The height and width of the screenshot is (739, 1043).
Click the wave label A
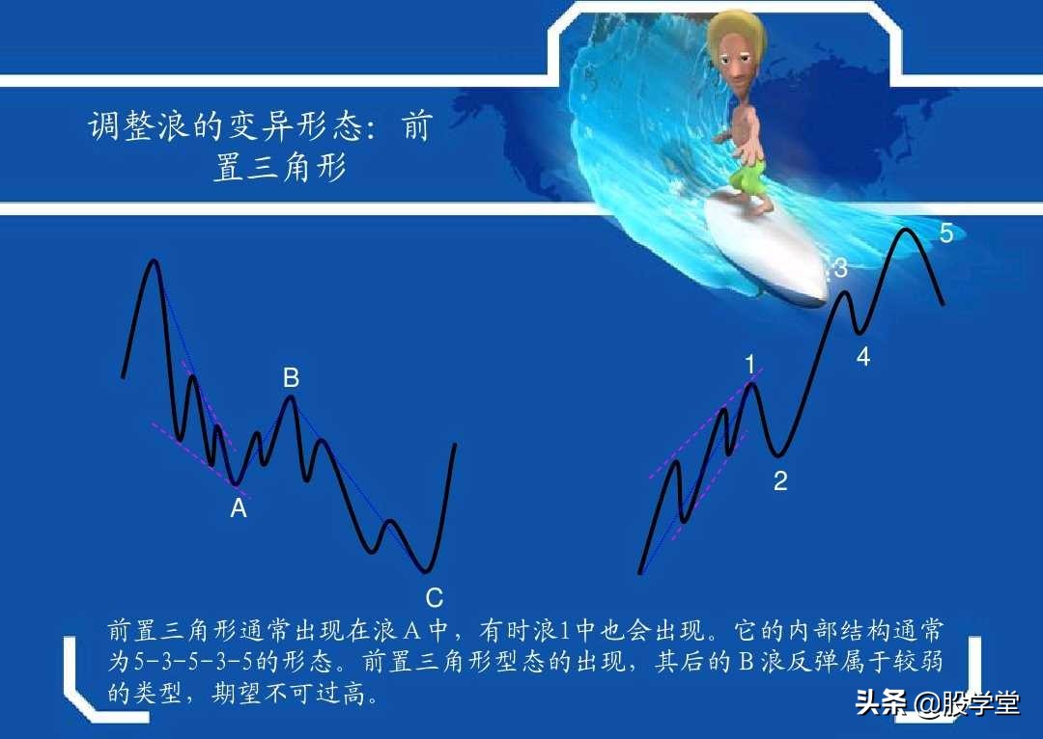coord(239,508)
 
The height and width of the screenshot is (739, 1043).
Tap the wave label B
coord(291,379)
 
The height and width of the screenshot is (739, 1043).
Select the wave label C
coord(435,598)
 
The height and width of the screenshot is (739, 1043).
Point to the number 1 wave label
coord(750,365)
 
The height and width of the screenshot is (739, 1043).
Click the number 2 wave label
coord(780,481)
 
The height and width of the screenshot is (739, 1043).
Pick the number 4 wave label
coord(862,357)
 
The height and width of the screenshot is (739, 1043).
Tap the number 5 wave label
coord(946,233)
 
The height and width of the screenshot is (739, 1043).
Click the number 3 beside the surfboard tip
coord(840,269)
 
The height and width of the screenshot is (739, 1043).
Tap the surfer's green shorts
coord(746,178)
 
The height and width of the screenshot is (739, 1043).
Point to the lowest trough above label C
coord(426,570)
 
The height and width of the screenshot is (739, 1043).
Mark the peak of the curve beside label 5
coord(905,230)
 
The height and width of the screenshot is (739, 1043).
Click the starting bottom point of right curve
coord(640,573)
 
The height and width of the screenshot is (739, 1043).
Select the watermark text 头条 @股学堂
coord(937,703)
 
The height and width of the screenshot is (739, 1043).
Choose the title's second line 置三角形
coord(279,168)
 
